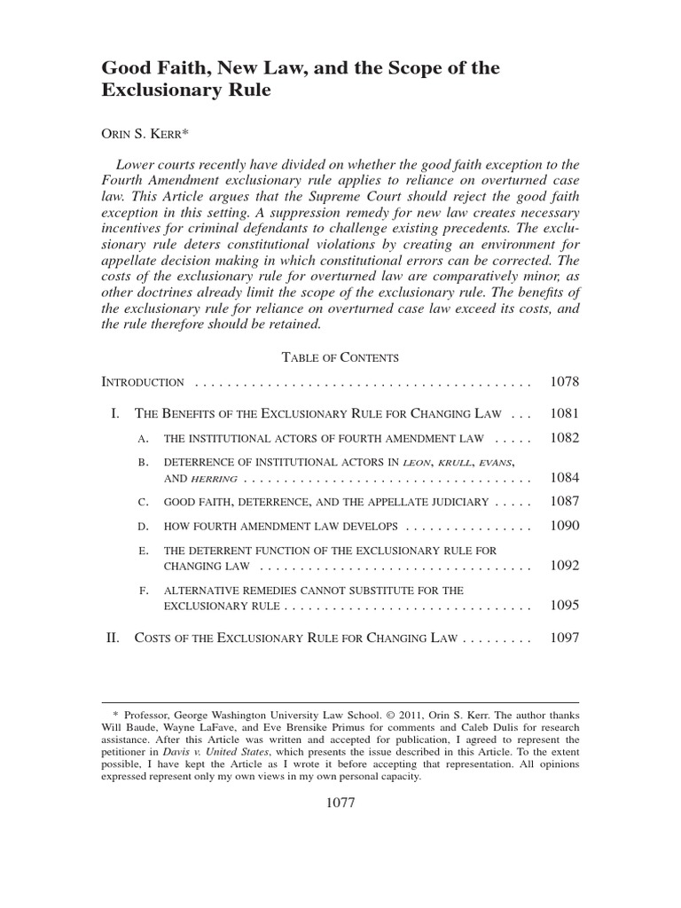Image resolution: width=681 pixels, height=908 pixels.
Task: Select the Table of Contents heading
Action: tap(340, 357)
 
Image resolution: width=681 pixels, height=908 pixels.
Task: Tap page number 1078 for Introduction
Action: tap(564, 382)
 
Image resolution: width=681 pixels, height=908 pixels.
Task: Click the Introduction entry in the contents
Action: tap(144, 383)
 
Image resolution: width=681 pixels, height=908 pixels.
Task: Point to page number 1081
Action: tap(564, 413)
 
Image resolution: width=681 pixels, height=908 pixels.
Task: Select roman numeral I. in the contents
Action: tap(115, 414)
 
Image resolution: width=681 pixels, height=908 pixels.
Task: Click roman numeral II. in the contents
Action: tap(113, 638)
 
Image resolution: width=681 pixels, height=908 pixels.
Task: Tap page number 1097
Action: tap(564, 638)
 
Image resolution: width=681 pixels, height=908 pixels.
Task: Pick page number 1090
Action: tap(564, 526)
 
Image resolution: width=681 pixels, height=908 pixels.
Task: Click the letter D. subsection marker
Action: tap(143, 527)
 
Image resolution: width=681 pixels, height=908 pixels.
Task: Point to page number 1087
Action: tap(564, 502)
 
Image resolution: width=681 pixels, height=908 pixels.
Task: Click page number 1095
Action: tap(564, 606)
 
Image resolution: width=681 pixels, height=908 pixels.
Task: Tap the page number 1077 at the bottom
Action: tap(340, 804)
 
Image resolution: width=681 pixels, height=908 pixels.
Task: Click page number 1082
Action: tap(564, 438)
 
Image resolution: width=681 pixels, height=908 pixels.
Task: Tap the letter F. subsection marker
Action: tap(143, 591)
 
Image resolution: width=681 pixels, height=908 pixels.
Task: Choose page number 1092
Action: tap(564, 566)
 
